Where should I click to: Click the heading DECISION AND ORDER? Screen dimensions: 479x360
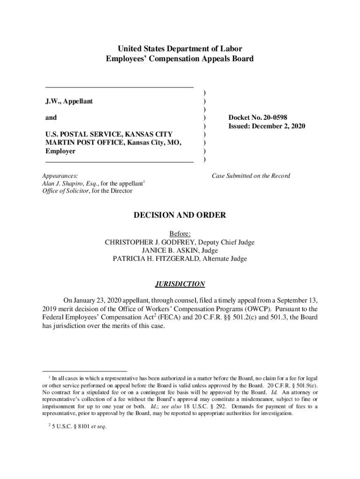180,215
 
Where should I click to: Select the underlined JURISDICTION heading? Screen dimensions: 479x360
180,284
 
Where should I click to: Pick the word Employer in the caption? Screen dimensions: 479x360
60,151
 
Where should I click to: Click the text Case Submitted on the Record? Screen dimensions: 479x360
251,176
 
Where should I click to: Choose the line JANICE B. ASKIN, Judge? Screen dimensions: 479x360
180,250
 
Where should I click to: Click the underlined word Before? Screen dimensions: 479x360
180,234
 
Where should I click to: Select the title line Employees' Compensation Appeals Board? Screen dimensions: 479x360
180,59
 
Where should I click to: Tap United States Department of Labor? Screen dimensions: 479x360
180,49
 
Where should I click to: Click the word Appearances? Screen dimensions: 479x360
60,176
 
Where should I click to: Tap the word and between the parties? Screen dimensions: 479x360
51,118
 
